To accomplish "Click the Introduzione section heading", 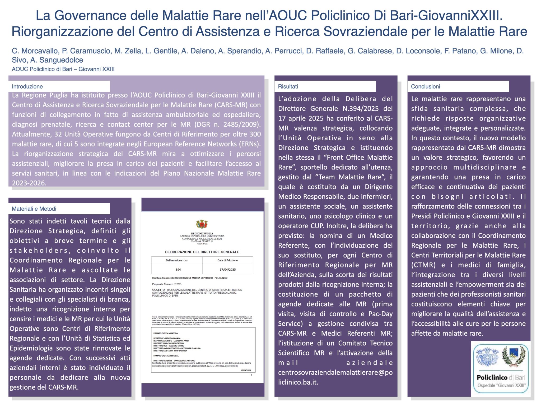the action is click(x=27, y=86).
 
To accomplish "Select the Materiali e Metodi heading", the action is click(x=34, y=209).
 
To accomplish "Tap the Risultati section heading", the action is click(x=288, y=86).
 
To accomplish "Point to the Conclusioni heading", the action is click(x=426, y=86).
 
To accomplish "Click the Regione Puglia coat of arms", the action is click(x=202, y=224).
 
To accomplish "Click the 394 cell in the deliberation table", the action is click(x=178, y=270).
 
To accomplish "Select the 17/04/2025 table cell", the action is click(x=227, y=270).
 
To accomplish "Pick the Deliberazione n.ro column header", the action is click(x=176, y=260).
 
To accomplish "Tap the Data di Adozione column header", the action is click(x=227, y=260).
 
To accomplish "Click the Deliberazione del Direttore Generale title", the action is click(x=202, y=252).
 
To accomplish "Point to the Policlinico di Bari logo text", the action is click(x=501, y=377).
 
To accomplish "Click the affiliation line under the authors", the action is click(x=63, y=69).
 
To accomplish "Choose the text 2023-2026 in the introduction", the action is click(x=29, y=183).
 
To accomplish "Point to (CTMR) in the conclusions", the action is click(x=423, y=265).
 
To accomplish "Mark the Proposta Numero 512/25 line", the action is click(x=167, y=284).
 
